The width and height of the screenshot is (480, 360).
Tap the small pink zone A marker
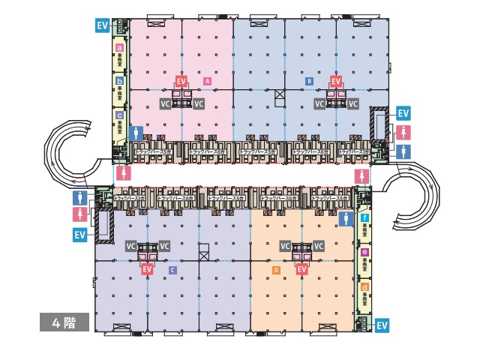[207, 80]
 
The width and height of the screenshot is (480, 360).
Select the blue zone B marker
[309, 80]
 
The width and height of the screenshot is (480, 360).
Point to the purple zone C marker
[173, 269]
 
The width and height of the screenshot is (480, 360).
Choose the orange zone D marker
[276, 269]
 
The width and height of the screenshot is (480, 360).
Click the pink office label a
[119, 47]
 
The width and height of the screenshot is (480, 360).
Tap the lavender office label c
[119, 115]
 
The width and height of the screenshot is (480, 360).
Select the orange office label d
[364, 286]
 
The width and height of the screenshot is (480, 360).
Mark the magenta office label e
[364, 252]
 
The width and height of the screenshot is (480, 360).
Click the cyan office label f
[364, 217]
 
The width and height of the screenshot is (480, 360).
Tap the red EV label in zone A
[181, 80]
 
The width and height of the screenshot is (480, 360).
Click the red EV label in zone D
[301, 268]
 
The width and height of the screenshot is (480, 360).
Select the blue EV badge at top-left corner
[103, 25]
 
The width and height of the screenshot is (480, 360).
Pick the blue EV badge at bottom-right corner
[382, 325]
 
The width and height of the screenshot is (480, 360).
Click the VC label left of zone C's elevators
[131, 246]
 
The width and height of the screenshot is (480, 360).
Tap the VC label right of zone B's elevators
[353, 103]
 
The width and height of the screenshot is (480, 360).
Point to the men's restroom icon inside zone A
[136, 133]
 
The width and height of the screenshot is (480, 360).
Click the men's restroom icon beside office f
[346, 218]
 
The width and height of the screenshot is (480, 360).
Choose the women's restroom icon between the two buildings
[363, 175]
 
